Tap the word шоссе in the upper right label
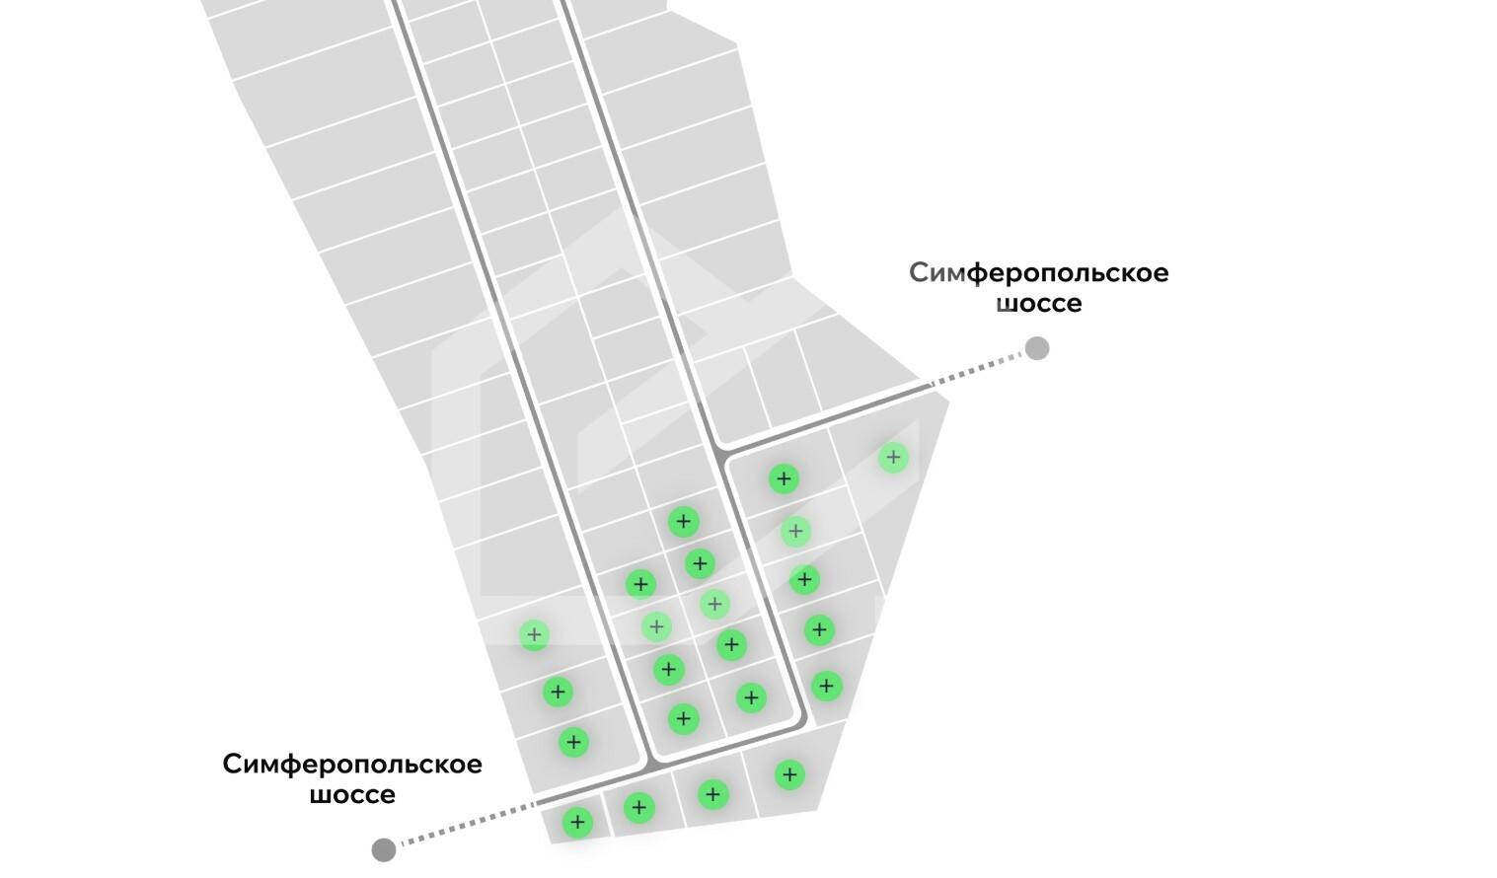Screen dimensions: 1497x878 [x=1038, y=304]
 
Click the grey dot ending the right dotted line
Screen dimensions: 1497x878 [x=1037, y=348]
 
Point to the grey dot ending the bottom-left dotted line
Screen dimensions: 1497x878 [x=384, y=850]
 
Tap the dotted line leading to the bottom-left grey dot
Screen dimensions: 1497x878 [x=468, y=823]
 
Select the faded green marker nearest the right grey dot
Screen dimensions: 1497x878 [x=893, y=458]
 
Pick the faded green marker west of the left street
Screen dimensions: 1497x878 [x=534, y=634]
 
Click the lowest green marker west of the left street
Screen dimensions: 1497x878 [x=573, y=742]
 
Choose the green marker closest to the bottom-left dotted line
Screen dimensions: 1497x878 [x=577, y=822]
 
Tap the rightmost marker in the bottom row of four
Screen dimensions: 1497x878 [x=789, y=775]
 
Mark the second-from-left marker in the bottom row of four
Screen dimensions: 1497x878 [x=638, y=808]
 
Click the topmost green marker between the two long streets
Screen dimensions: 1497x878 [x=683, y=522]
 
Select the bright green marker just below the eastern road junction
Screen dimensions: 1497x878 [x=784, y=479]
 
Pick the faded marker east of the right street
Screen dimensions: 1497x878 [x=795, y=532]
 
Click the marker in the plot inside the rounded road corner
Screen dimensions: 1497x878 [x=751, y=697]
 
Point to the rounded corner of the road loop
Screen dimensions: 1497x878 [x=799, y=722]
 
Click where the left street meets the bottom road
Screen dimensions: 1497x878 [x=647, y=766]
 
